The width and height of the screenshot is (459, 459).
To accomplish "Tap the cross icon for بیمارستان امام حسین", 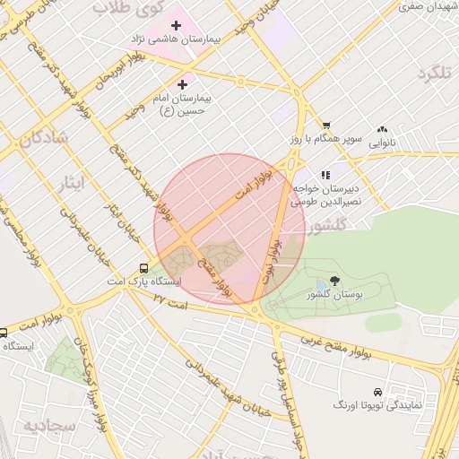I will [x=183, y=83].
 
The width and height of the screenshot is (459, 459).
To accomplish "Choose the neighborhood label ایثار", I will [x=74, y=184].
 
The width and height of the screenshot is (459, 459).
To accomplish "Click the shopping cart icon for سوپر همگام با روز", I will [x=327, y=126].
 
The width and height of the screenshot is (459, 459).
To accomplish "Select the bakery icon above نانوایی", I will [x=384, y=129].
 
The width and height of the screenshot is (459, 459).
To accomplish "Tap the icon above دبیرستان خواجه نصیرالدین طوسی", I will [x=326, y=174].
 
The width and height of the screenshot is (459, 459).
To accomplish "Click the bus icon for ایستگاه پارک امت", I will [x=144, y=268].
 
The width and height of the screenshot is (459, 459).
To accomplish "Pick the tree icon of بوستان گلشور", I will [x=335, y=281].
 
